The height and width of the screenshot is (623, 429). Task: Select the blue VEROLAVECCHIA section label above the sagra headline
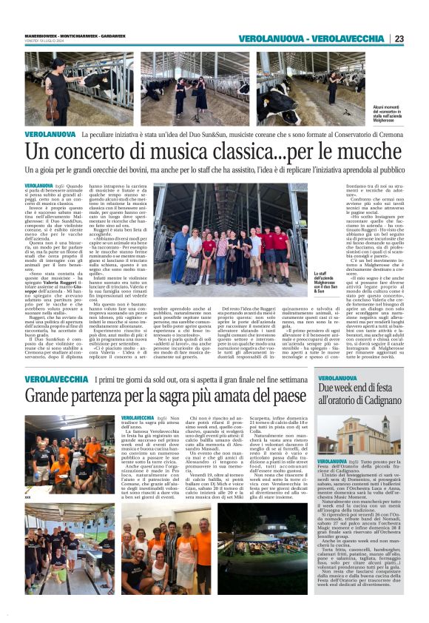pyautogui.click(x=56, y=379)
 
